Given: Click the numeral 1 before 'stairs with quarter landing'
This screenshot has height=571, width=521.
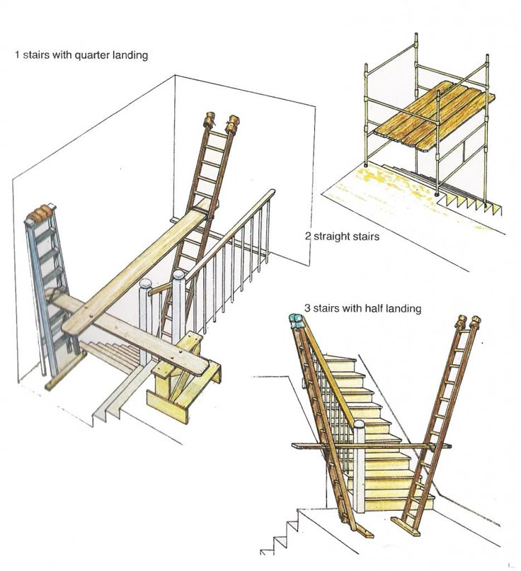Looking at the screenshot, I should coord(17,55).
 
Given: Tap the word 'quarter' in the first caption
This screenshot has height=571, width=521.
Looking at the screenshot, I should coord(86,55).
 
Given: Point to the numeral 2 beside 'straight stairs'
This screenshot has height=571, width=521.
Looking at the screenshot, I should coord(308,236).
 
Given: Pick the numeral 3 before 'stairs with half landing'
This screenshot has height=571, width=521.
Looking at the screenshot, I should coord(307,308).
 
